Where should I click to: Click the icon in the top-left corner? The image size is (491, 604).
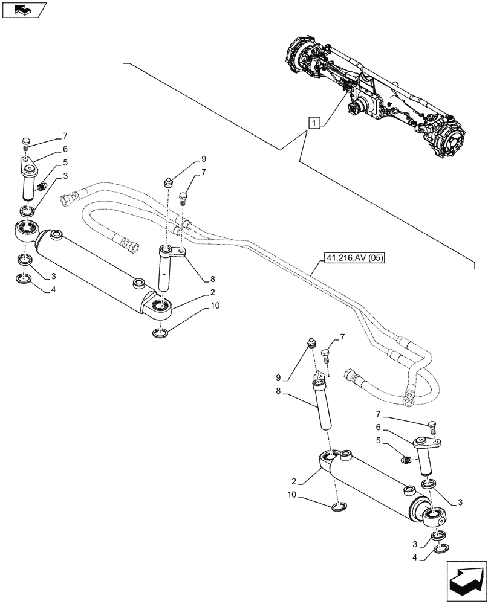pos(24,9)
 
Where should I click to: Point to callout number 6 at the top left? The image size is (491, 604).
pos(64,149)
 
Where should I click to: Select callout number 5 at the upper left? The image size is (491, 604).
pos(64,162)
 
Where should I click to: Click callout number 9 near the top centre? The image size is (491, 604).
pos(204,159)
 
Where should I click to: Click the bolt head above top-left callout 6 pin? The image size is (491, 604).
pos(25,143)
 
